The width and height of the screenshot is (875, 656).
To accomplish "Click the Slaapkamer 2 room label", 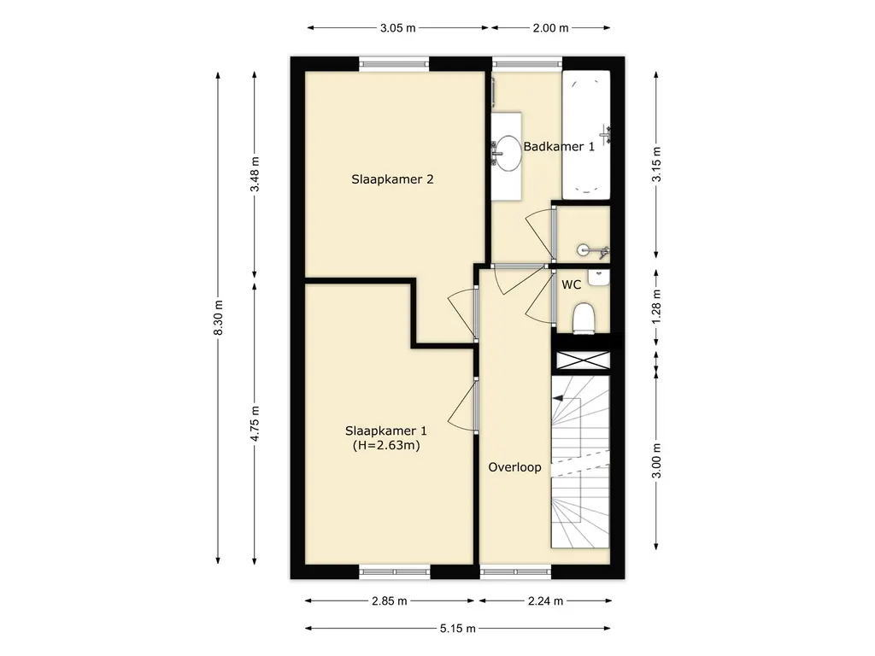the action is pos(392,179).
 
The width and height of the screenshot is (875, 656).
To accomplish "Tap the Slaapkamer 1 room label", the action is pos(386,430).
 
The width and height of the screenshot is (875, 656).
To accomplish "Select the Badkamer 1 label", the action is pos(559,147).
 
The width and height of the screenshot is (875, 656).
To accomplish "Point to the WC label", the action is pos(572,284).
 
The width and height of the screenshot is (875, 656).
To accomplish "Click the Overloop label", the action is pos(514,467).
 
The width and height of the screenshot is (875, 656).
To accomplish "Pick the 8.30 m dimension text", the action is pos(218,318).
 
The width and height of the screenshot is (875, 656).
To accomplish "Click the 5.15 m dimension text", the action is pos(458,629).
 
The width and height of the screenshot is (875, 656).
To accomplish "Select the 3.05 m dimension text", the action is pos(398,28).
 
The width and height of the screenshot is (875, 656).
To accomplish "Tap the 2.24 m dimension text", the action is pos(545,600).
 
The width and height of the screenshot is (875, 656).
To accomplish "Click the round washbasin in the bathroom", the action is pos(508,153).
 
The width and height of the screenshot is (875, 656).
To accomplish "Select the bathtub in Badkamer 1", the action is pos(586,134).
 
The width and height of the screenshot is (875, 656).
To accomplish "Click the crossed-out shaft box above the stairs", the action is pos(583,360).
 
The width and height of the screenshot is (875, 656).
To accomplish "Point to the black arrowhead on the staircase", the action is pos(557,399).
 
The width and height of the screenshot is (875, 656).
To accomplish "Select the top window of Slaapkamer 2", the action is pos(394,63).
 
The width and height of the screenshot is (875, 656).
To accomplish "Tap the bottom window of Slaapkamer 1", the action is pos(395,571).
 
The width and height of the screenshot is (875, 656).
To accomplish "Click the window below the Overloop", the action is pos(515,571).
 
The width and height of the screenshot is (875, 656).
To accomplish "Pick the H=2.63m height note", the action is pos(386,445).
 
